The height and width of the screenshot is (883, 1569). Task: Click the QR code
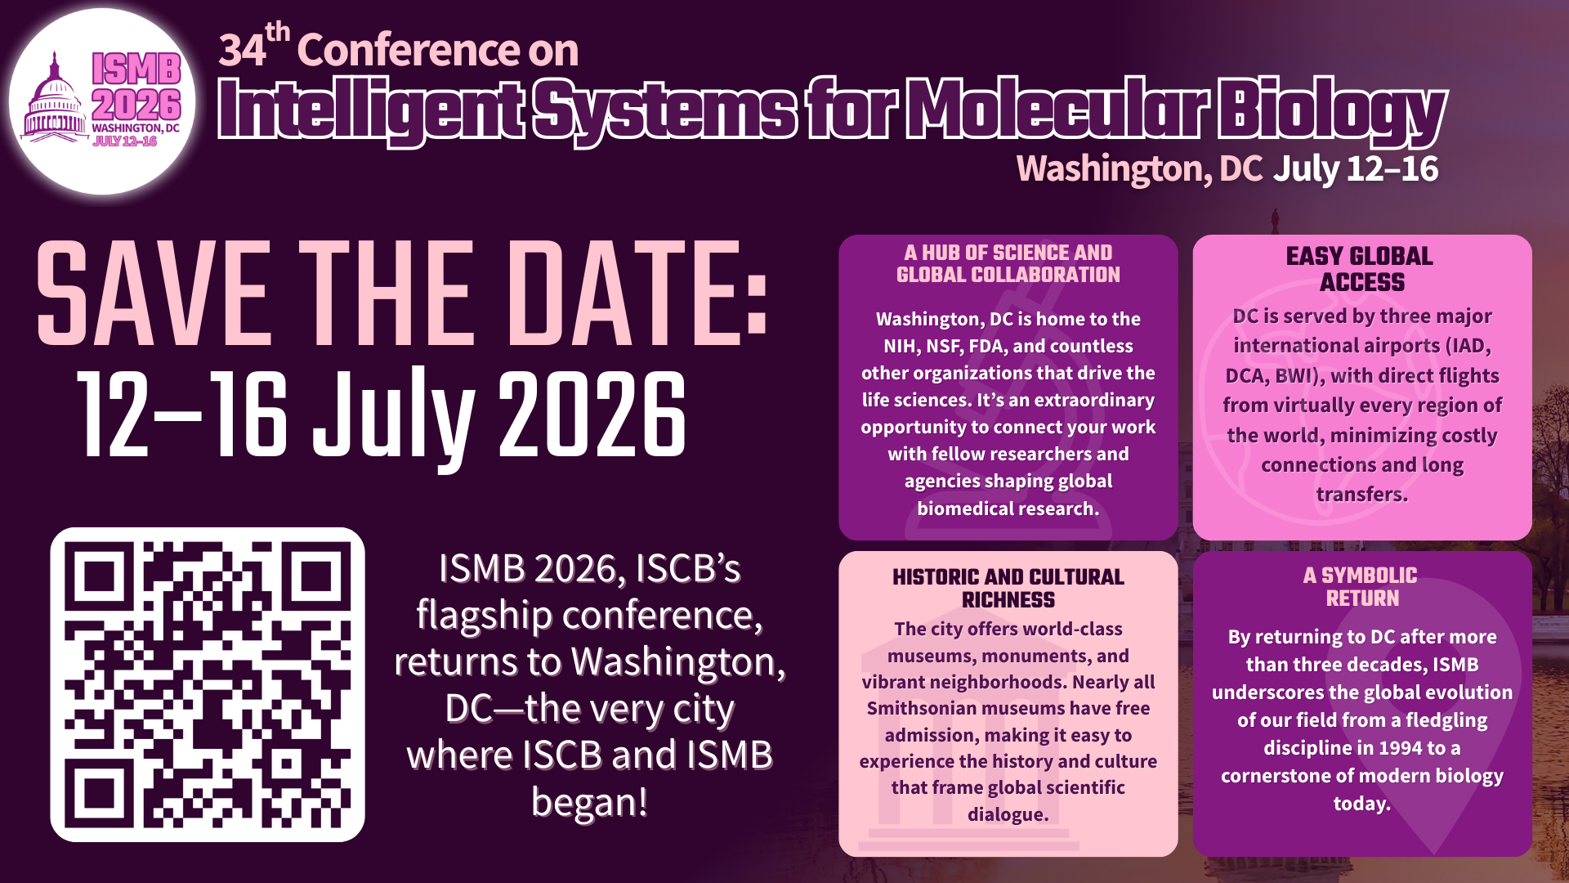(x=208, y=684)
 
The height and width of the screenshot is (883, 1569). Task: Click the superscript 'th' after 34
(x=278, y=33)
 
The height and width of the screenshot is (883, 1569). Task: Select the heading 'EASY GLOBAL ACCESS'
(x=1361, y=269)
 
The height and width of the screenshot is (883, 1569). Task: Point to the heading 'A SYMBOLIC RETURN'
(x=1361, y=586)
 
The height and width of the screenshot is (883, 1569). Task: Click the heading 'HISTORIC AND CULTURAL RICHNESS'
(x=1008, y=588)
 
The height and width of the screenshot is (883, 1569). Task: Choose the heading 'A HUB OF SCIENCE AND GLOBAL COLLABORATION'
(x=1008, y=263)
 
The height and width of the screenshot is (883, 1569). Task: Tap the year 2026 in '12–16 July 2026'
(x=592, y=414)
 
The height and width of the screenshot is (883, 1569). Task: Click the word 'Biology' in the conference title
(x=1332, y=110)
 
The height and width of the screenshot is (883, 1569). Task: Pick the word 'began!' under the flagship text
(x=589, y=801)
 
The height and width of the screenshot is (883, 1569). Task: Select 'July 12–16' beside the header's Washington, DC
(x=1356, y=168)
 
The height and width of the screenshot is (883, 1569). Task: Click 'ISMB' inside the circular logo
(x=136, y=69)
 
